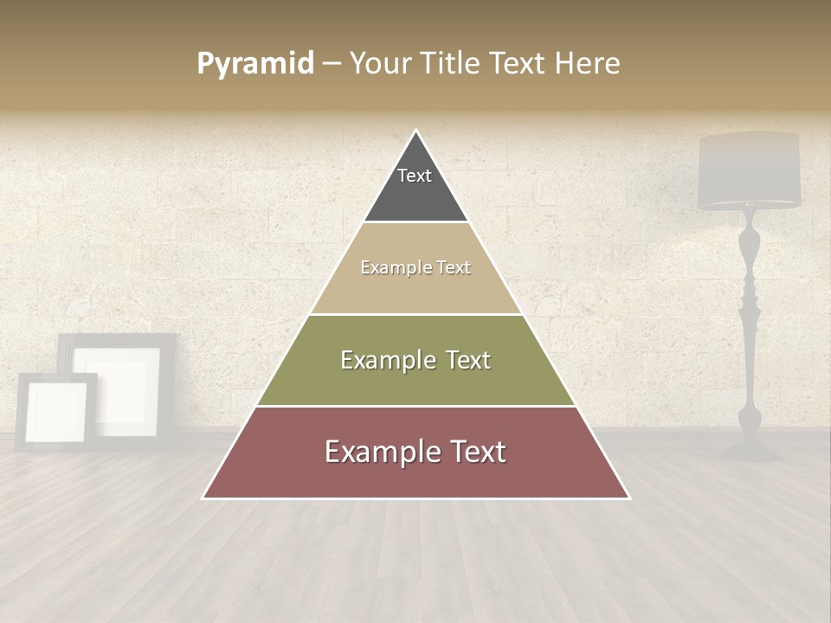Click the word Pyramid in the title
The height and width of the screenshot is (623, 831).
[254, 64]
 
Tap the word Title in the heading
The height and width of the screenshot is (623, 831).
[452, 63]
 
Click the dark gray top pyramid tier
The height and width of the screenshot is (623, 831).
[415, 195]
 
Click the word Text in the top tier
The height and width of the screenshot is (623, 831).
[415, 176]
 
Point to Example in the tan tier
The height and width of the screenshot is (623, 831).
[387, 267]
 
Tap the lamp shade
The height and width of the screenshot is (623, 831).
[750, 170]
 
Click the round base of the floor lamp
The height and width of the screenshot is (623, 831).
[750, 449]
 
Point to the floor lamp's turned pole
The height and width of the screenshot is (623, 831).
[750, 320]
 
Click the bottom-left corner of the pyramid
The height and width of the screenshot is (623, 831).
[203, 498]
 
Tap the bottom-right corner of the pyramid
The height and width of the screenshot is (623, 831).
[629, 498]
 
